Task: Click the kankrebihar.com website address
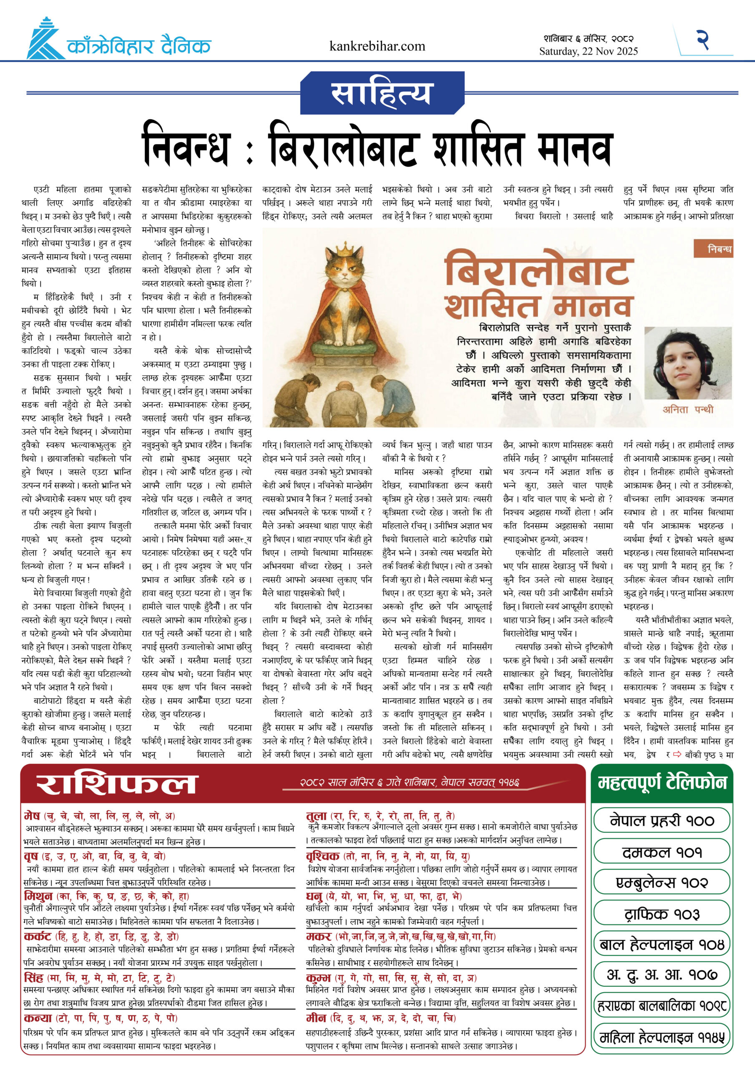point(377,46)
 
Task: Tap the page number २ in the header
point(702,40)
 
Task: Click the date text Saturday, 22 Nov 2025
point(589,52)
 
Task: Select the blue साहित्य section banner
point(382,93)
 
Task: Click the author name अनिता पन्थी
point(687,409)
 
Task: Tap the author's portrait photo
point(687,363)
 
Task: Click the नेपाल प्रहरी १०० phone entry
point(662,821)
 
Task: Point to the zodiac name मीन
point(316,1018)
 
